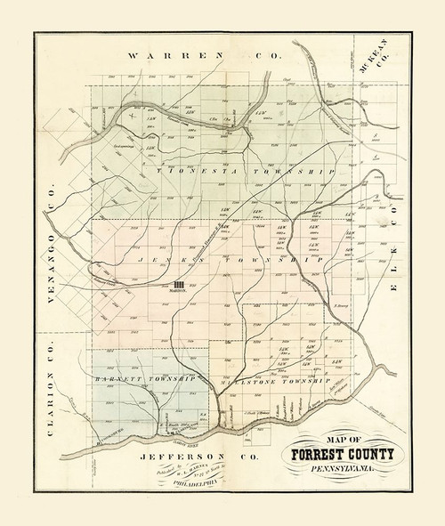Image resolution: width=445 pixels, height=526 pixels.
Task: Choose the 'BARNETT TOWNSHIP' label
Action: pos(144,379)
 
